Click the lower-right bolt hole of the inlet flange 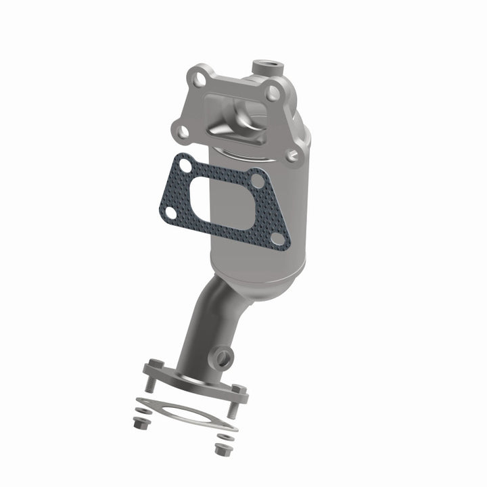click(292, 156)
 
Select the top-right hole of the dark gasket click(257, 180)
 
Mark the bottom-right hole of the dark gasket click(277, 237)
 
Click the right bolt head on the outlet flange click(237, 390)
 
